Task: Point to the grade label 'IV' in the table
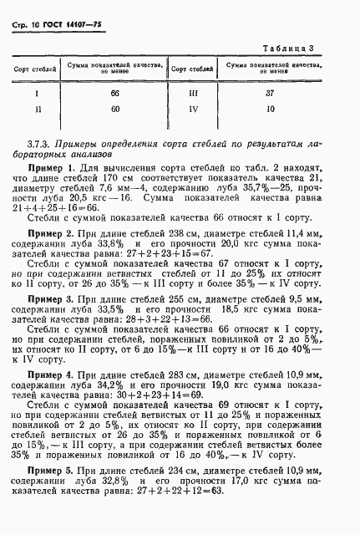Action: tap(193, 109)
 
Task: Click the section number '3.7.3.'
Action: tap(43, 142)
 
